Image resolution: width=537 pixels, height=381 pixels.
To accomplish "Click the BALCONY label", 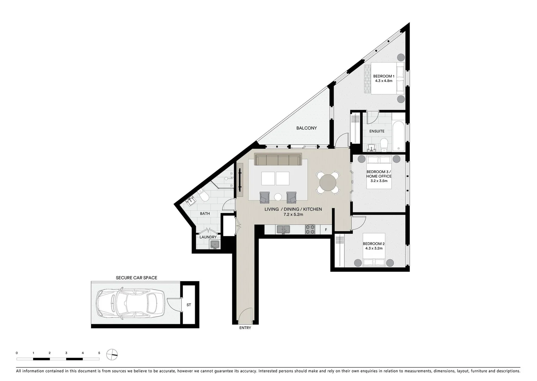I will (x=306, y=128).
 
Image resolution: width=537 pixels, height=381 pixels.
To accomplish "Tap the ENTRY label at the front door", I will (x=245, y=328).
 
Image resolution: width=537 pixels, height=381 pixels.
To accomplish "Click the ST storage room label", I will (x=189, y=305).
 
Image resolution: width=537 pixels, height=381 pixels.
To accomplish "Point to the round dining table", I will (x=328, y=182).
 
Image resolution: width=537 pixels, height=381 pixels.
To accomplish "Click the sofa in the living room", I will (x=278, y=159).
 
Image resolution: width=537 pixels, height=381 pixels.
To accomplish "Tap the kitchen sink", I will (x=283, y=230).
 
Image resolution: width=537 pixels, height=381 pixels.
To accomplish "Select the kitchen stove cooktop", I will (x=310, y=230).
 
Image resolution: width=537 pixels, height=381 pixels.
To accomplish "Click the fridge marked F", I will (x=326, y=230).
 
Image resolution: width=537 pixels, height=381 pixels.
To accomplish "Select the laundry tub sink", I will (x=214, y=244).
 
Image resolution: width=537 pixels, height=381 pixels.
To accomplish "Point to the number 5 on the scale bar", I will (x=99, y=353).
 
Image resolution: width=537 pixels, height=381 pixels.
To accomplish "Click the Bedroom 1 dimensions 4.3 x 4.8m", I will (x=384, y=81).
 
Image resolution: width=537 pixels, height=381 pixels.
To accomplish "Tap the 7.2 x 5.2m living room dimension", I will (x=293, y=214).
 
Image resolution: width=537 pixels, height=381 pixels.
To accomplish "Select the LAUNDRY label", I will (x=208, y=237).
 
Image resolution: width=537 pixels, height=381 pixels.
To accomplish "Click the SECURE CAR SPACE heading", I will (x=137, y=278).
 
